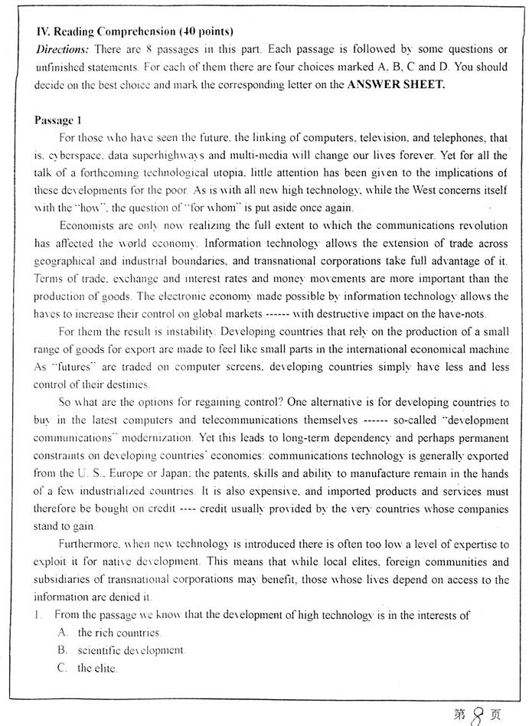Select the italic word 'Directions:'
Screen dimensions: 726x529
point(63,49)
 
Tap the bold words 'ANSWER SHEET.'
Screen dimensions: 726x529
point(396,84)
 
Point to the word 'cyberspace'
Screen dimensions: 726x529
point(74,155)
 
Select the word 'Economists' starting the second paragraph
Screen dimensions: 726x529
point(85,226)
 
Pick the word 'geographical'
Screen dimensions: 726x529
point(69,261)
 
